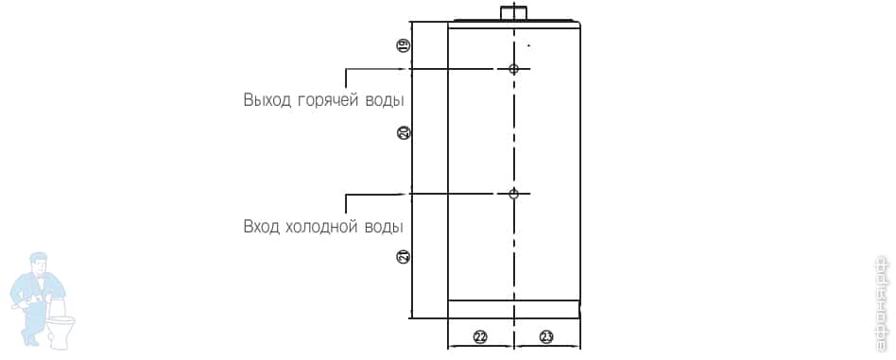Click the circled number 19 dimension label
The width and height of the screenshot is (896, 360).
click(404, 45)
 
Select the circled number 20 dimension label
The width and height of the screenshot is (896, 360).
click(404, 133)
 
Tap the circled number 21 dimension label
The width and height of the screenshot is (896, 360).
click(404, 256)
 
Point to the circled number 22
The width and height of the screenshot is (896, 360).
click(480, 337)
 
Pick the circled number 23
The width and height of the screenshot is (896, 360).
click(546, 337)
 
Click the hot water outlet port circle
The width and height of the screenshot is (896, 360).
click(514, 69)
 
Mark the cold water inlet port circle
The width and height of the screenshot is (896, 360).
click(514, 194)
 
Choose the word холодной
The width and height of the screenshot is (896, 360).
click(320, 227)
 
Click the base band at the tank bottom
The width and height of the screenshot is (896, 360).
click(513, 309)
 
